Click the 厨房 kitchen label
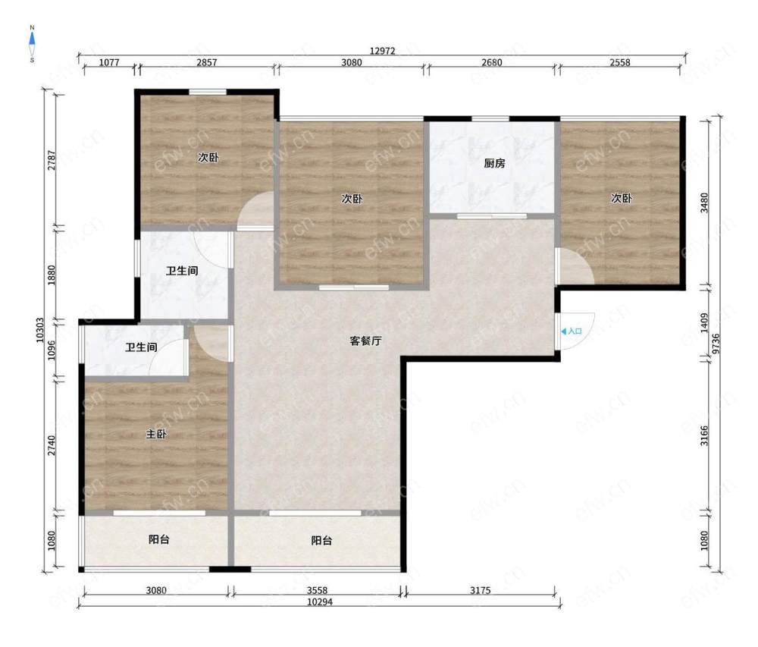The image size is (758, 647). pyautogui.click(x=494, y=163)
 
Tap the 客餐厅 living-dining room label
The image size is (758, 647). pyautogui.click(x=365, y=341)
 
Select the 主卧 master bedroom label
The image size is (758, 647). pyautogui.click(x=156, y=434)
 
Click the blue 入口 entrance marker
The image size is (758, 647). pyautogui.click(x=572, y=331)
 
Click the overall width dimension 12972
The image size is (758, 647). pyautogui.click(x=382, y=51)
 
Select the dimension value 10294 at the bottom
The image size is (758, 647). pyautogui.click(x=320, y=602)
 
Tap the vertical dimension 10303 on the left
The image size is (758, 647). pyautogui.click(x=40, y=330)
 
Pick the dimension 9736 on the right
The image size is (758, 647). pyautogui.click(x=716, y=344)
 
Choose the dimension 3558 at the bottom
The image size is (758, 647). pyautogui.click(x=317, y=590)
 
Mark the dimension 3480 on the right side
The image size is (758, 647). pyautogui.click(x=704, y=203)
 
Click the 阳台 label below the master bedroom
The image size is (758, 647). pyautogui.click(x=158, y=539)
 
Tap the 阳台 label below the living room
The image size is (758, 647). pyautogui.click(x=321, y=540)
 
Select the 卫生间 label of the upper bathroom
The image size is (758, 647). pyautogui.click(x=182, y=271)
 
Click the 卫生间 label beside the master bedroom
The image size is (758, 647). pyautogui.click(x=141, y=347)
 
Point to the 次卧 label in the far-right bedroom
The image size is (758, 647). pyautogui.click(x=622, y=198)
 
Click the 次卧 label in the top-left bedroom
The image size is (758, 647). pyautogui.click(x=208, y=157)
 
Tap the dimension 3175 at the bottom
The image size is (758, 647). pyautogui.click(x=480, y=590)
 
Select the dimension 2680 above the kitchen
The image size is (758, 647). pyautogui.click(x=492, y=62)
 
